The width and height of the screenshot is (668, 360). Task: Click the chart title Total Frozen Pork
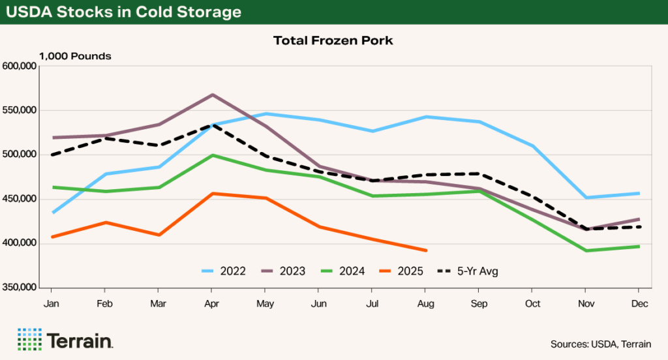point(334,40)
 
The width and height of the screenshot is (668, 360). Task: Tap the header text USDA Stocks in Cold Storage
point(123,12)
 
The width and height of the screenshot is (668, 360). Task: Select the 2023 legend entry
point(282,271)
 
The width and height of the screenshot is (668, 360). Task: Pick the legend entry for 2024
point(341,271)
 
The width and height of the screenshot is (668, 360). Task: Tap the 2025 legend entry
point(399,271)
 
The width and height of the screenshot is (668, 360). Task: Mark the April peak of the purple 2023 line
point(212,95)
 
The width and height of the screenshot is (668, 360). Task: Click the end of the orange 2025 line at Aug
point(425,250)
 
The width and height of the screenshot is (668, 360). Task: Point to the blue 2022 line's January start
point(52,213)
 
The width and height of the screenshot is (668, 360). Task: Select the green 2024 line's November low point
point(585,250)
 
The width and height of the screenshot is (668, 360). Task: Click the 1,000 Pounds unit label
point(75,56)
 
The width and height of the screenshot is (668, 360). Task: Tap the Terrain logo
point(65,340)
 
